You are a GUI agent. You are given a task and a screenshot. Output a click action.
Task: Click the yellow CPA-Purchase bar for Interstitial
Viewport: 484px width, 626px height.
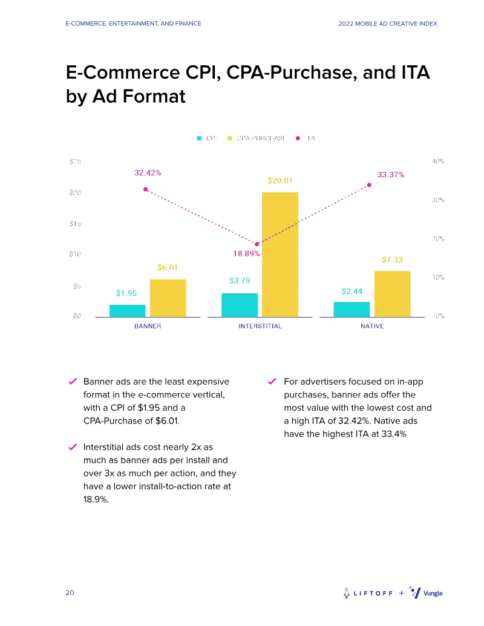tap(280, 254)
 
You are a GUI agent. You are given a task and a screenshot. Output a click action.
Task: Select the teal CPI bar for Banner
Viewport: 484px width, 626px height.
tap(127, 310)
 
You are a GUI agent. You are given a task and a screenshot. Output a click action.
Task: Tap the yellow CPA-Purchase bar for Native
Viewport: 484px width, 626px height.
tap(392, 293)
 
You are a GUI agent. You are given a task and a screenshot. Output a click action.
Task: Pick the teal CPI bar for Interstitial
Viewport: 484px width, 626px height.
tap(240, 305)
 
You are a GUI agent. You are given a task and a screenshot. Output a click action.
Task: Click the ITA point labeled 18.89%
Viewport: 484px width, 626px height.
tap(257, 244)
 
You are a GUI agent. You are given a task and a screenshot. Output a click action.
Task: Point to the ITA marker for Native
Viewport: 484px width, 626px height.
tap(369, 185)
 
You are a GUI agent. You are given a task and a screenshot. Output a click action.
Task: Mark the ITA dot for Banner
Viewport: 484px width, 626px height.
tap(145, 189)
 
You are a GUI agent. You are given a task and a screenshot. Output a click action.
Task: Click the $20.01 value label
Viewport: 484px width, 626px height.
tap(280, 180)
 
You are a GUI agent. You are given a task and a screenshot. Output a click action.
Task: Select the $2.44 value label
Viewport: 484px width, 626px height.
tap(352, 291)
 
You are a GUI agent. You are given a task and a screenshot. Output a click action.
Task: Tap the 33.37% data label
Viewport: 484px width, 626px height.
tap(391, 174)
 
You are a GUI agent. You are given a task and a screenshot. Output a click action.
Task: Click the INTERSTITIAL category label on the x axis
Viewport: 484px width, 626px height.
tap(260, 326)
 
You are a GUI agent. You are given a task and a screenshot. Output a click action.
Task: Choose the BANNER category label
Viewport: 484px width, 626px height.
tap(148, 326)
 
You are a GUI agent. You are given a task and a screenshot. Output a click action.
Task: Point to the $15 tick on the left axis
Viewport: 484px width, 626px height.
tap(74, 224)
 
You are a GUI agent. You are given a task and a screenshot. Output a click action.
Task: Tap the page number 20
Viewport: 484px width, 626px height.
tap(70, 593)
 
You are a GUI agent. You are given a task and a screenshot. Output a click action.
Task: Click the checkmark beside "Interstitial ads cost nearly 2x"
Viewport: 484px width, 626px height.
tap(71, 448)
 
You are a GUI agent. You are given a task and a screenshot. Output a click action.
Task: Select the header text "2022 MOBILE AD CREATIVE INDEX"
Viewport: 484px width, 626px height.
tap(388, 24)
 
